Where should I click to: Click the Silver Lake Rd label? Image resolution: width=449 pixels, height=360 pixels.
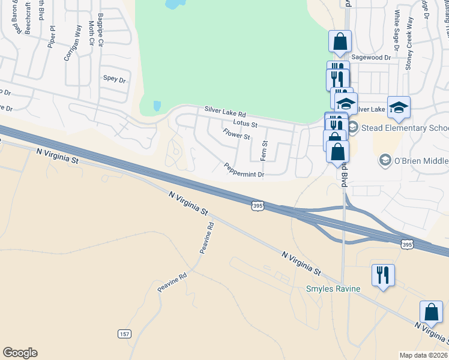(x=225, y=112)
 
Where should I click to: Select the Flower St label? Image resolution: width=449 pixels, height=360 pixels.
(x=236, y=134)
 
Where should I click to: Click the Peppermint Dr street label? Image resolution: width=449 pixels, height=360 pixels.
(x=244, y=170)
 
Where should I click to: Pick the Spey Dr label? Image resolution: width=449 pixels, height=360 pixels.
(x=114, y=79)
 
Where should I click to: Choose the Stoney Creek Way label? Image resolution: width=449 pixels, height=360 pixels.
(x=409, y=44)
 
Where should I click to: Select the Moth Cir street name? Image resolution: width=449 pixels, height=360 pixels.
(x=91, y=33)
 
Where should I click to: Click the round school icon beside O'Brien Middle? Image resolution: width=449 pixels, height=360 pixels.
(x=384, y=160)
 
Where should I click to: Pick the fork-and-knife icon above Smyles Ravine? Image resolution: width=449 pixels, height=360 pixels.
(x=382, y=275)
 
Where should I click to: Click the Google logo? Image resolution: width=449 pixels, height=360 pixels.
(x=20, y=353)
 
